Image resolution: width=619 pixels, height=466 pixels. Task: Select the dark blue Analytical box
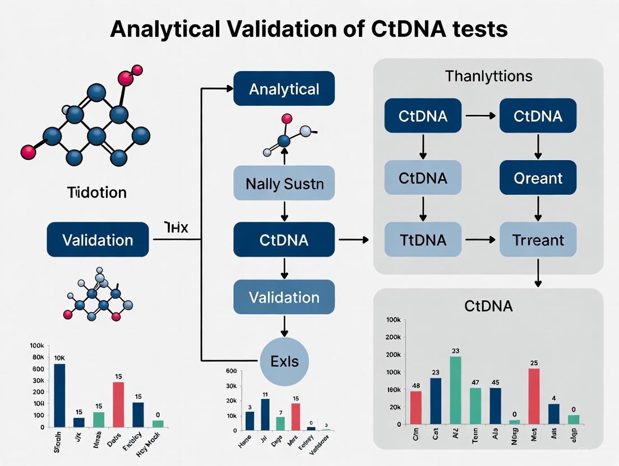tap(284, 89)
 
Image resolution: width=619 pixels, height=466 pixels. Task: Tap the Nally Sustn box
tap(284, 184)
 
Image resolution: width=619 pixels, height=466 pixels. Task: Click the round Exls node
tap(284, 361)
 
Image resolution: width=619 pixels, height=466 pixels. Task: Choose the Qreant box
tap(538, 178)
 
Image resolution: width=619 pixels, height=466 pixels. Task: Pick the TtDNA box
tap(423, 240)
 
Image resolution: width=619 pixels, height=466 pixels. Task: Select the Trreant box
tap(538, 240)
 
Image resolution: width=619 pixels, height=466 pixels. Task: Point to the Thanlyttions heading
tap(488, 76)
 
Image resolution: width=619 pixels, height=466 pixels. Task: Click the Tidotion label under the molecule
tap(96, 193)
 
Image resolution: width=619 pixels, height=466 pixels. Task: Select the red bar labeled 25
tap(534, 396)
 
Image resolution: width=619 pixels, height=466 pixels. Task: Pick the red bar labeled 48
tap(415, 407)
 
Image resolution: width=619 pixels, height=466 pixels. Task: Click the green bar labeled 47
tap(475, 406)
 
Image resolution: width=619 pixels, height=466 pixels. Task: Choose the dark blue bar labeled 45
tap(495, 406)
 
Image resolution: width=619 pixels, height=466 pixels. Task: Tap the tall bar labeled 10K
tap(59, 395)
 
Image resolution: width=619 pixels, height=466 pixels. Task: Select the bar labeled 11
tap(265, 414)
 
